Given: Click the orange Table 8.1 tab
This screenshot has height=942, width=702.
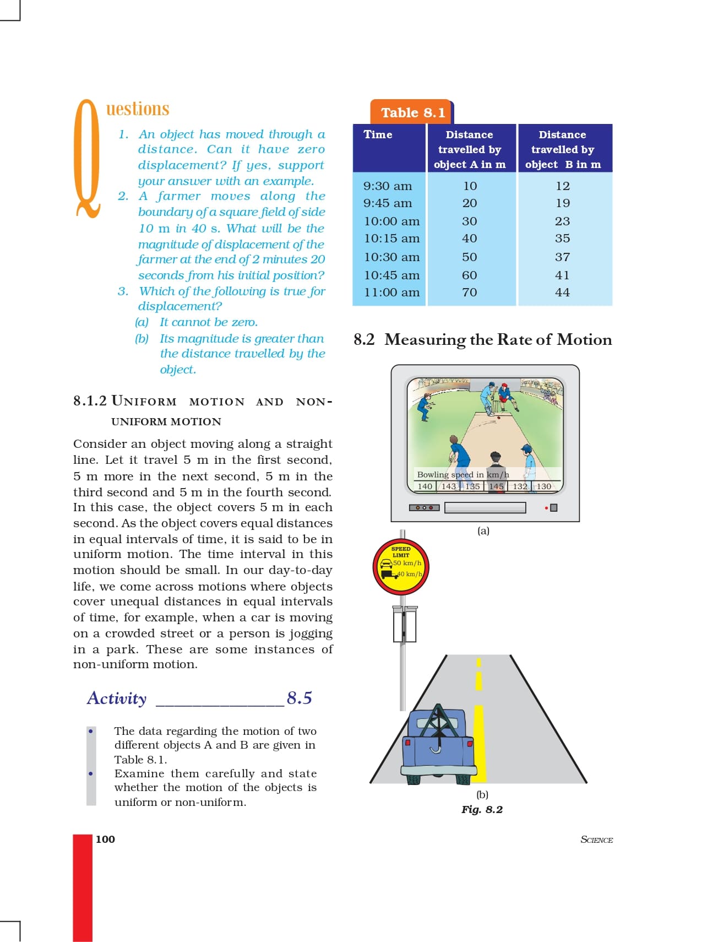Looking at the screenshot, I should click(412, 112).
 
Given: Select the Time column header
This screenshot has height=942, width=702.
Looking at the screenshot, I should click(378, 134).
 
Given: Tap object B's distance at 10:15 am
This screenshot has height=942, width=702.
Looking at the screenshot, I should click(562, 239).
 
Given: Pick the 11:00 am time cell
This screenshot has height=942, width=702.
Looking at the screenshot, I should click(391, 293).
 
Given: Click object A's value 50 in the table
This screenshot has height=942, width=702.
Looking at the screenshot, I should click(470, 257).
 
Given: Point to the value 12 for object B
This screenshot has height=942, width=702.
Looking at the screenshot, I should click(562, 186).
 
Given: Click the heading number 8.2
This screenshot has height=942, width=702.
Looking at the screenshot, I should click(364, 339).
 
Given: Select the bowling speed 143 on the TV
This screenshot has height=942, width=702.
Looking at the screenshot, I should click(449, 486).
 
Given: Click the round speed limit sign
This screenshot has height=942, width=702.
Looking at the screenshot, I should click(401, 566).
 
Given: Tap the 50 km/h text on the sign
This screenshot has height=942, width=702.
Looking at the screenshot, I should click(407, 563).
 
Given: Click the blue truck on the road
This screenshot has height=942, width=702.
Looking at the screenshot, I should click(438, 744).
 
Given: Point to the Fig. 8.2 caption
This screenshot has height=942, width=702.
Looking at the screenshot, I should click(482, 809).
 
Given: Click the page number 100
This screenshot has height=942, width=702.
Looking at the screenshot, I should click(105, 839).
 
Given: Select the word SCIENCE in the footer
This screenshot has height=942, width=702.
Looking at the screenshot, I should click(596, 840).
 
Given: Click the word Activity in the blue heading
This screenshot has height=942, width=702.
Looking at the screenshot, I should click(117, 698).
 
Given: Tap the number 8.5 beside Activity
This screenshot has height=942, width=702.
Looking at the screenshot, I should click(299, 698).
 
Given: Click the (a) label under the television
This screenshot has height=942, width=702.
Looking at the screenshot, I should click(483, 530).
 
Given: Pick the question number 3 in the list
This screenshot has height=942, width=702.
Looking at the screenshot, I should click(123, 291).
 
